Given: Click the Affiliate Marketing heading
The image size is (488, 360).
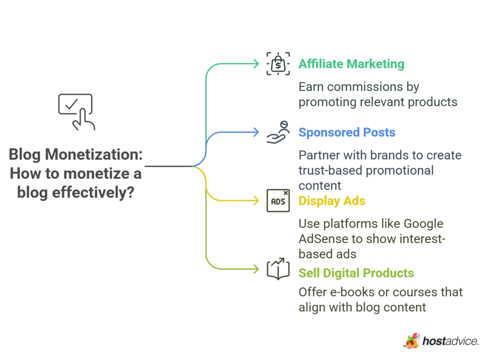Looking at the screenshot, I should coord(351,64).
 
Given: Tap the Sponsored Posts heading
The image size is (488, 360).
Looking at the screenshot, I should coord(347,132).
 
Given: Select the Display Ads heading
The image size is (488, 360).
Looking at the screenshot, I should coord(332,201).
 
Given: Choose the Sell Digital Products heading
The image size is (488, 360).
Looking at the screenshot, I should coord(356,273).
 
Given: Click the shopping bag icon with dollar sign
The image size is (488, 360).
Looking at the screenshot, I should coord(278,64).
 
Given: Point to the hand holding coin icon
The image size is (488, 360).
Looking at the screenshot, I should coord(278,132).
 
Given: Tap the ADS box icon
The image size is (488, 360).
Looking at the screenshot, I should coord(278,201).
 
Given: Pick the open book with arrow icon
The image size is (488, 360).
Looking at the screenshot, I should coord(278,269).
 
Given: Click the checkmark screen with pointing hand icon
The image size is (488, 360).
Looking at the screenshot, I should coord(76,111).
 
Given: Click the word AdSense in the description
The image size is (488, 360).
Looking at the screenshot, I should coord(322,238).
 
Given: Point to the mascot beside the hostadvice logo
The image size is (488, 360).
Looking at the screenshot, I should coord(411,340).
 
